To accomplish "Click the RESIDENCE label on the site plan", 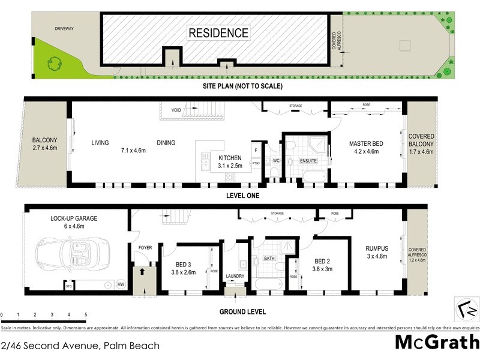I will pos(218,33).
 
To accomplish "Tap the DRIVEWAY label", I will pos(63,28).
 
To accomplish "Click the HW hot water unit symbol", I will pos(121,284).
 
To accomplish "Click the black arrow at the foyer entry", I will pos(142,272).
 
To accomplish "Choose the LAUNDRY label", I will pos(235,276).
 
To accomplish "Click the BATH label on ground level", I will pos(269,259).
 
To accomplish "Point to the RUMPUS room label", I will pos(377,248).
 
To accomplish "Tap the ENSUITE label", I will pos(308,160).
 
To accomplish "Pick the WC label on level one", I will pos(277,161).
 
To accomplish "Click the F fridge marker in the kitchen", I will pos(256,149).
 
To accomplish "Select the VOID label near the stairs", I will pos(176,110).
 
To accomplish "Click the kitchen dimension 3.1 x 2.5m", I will pos(230,166).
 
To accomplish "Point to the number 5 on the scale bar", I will pos(86,315).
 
